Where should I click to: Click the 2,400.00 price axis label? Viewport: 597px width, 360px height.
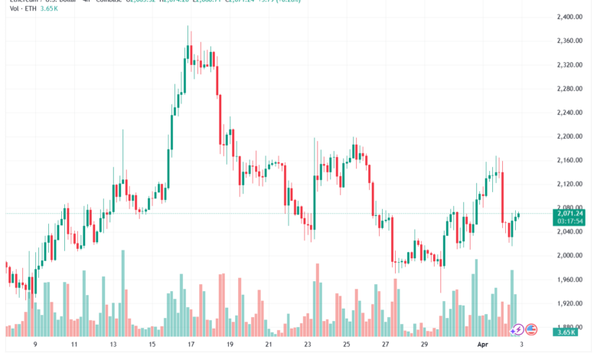click(x=571, y=17)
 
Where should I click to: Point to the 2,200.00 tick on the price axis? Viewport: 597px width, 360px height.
click(x=571, y=136)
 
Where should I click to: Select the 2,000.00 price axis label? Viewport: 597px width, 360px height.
click(x=571, y=256)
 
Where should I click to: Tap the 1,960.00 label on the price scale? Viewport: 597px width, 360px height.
click(x=571, y=280)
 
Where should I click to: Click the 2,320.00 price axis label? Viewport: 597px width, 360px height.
click(x=571, y=64)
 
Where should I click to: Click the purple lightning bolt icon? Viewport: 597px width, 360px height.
click(x=517, y=330)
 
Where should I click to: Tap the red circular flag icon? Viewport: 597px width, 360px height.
click(x=531, y=330)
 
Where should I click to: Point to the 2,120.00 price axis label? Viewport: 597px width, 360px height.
click(x=571, y=184)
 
